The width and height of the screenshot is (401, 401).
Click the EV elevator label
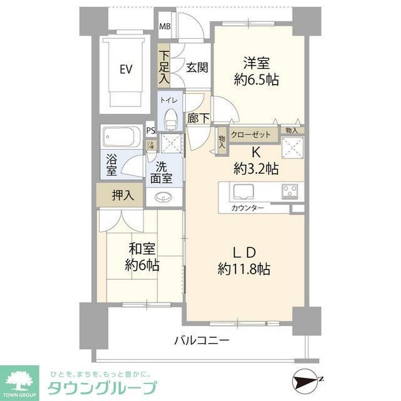pyautogui.click(x=126, y=69)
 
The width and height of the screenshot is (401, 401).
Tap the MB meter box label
pyautogui.click(x=164, y=26)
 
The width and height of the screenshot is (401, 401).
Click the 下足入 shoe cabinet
pyautogui.click(x=164, y=68)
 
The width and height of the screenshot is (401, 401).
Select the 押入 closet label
pyautogui.click(x=123, y=195)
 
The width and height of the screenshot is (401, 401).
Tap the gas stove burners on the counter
pyautogui.click(x=291, y=190)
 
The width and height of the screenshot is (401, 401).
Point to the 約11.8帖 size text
pyautogui.click(x=244, y=269)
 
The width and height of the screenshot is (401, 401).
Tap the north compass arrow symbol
pyautogui.click(x=307, y=380)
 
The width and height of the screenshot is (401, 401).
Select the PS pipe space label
pyautogui.click(x=150, y=130)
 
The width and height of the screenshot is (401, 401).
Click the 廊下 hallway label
pyautogui.click(x=195, y=117)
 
